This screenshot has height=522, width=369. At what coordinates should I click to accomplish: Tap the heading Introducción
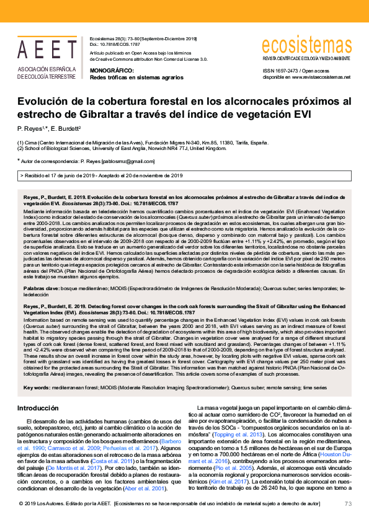point(38,408)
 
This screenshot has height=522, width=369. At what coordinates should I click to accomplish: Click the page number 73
point(348,503)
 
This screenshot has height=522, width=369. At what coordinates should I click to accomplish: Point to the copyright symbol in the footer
point(21,504)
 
